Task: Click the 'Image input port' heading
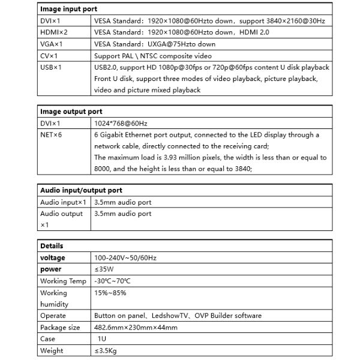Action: pos(68,10)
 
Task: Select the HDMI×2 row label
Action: pos(53,32)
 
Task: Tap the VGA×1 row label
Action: pos(51,44)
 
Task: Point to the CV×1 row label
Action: pos(49,55)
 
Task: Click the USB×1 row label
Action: pos(51,67)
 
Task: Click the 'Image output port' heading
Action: pos(71,112)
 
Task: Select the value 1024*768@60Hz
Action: pos(121,123)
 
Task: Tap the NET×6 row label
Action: pos(51,134)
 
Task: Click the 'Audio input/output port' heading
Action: pos(81,190)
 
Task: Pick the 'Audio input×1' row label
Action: pos(64,202)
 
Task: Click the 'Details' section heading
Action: pos(52,246)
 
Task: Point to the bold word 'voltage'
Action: pos(53,257)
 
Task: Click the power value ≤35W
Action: pos(104,269)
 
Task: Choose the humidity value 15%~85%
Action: pos(109,293)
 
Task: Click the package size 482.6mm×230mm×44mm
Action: pos(136,327)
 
